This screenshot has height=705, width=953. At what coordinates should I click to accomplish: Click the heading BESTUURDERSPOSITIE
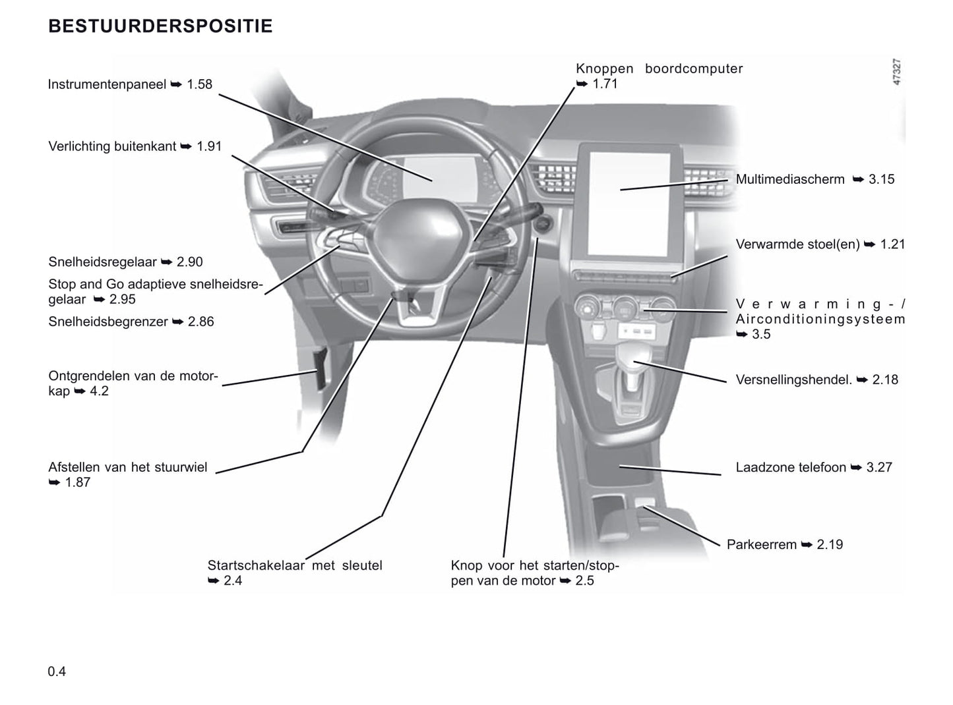click(160, 26)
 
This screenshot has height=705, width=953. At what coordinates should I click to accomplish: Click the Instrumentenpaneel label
click(107, 84)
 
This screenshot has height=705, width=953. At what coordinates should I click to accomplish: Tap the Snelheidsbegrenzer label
click(109, 322)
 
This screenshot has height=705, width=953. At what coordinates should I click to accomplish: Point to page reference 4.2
click(99, 391)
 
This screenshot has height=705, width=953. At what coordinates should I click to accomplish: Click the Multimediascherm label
click(789, 179)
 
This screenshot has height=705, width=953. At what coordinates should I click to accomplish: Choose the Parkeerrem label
click(761, 544)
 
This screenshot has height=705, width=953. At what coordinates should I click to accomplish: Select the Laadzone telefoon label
click(790, 467)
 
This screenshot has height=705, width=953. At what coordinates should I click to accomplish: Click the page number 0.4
click(57, 671)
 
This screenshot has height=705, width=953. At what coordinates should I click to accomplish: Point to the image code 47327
click(896, 72)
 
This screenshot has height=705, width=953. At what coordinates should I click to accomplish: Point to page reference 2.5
click(584, 580)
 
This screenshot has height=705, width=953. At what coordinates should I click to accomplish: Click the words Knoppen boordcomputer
click(659, 69)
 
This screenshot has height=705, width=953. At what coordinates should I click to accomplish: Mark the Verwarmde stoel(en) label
click(797, 244)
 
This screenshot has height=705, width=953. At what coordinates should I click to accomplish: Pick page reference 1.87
click(77, 482)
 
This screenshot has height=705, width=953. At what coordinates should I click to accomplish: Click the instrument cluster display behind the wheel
click(422, 178)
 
